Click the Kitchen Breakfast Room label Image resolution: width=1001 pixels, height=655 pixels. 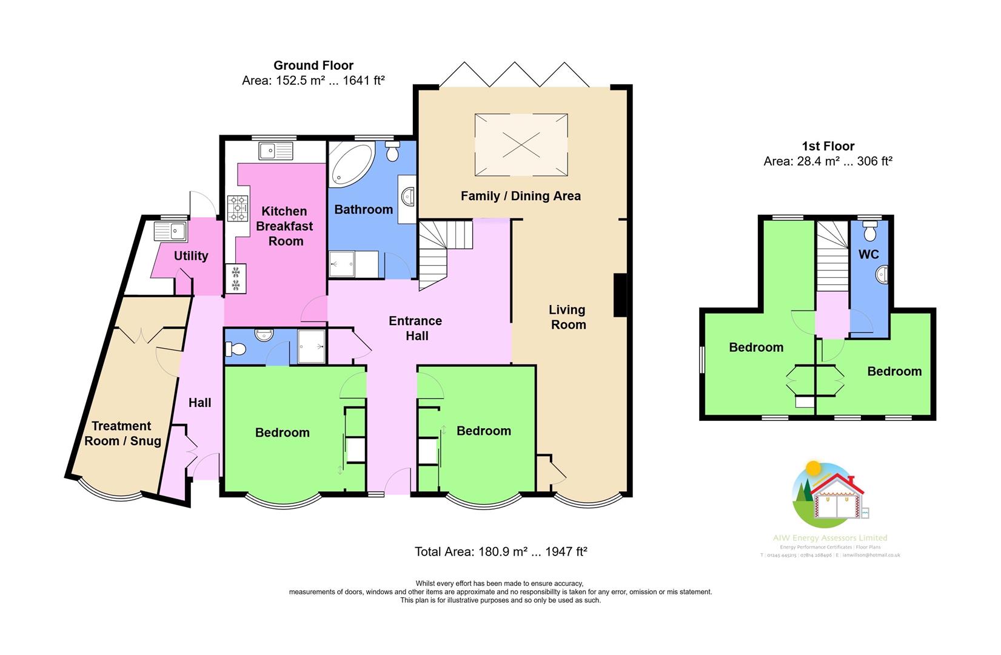coord(284,226)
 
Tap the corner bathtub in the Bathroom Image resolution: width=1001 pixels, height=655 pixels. coord(349,163)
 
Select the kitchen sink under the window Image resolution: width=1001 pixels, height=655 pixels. coord(275,150)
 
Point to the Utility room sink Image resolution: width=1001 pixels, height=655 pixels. coord(170,231)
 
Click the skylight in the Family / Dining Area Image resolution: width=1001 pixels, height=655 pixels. coord(521,144)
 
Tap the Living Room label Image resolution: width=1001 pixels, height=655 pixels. coord(567,317)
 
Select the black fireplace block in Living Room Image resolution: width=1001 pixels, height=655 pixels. coord(620,295)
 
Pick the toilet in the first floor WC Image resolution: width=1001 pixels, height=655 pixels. coord(870,232)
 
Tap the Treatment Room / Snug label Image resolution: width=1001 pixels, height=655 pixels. coord(122,433)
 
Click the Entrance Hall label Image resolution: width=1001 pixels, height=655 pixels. coord(415,328)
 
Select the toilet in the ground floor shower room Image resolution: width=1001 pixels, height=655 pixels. coord(235,349)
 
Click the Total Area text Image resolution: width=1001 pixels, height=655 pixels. coord(501,551)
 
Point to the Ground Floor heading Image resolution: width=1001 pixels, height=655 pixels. coord(313,65)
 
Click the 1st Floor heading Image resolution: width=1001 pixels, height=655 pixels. coord(828,146)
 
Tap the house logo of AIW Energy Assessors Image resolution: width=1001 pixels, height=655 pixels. coord(829,494)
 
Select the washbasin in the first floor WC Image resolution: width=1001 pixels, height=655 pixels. coord(882,275)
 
